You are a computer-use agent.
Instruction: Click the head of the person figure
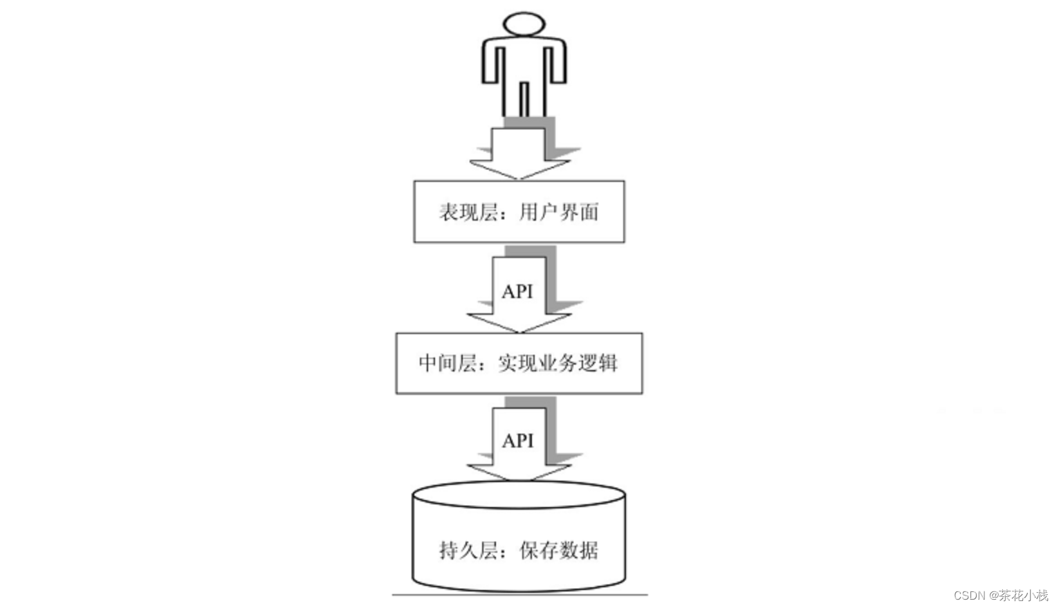click(524, 24)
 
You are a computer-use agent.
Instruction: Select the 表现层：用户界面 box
click(519, 211)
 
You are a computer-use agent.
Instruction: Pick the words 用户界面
click(559, 212)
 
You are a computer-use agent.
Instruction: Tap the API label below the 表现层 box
click(517, 292)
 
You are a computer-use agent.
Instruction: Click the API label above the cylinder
click(518, 441)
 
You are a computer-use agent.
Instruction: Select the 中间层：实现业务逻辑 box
click(519, 363)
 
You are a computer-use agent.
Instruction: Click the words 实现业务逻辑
click(558, 363)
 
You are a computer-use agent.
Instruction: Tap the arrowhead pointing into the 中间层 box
click(519, 322)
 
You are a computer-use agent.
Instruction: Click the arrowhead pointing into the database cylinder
click(519, 472)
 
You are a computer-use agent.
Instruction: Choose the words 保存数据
click(559, 551)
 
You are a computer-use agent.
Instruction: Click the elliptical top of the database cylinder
click(519, 495)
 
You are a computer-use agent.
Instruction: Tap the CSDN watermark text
click(1000, 595)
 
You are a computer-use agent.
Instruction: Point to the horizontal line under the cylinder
click(519, 594)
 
